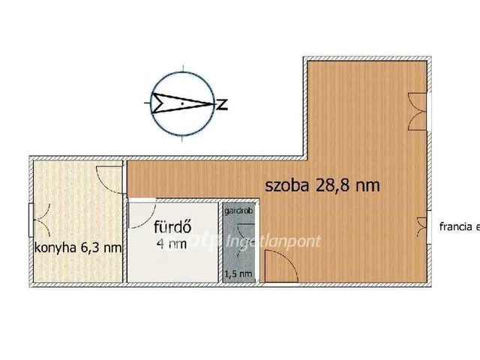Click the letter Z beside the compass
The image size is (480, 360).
[x=223, y=103]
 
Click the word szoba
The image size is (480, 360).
[x=286, y=187]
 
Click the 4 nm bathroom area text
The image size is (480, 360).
[x=172, y=243]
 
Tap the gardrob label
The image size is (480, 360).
[x=235, y=211]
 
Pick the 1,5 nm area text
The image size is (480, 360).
[x=238, y=274]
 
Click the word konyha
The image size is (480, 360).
[x=55, y=247]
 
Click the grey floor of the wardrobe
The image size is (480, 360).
[x=238, y=247]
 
